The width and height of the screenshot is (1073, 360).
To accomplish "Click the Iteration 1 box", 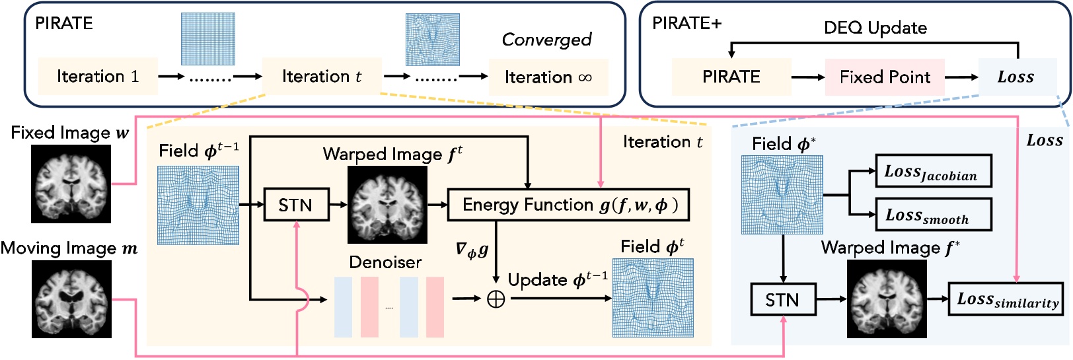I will [98, 77].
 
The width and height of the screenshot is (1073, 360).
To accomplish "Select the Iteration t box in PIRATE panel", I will [322, 77].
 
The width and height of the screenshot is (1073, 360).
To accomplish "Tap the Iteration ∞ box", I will [548, 77].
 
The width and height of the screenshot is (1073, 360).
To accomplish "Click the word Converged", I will [546, 40].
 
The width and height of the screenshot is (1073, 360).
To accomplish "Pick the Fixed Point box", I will [885, 77].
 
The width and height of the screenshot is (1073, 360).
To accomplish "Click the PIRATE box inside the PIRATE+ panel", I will [731, 77].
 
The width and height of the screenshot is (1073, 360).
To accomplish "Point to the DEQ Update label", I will [875, 28].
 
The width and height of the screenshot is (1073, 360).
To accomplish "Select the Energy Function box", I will [569, 205].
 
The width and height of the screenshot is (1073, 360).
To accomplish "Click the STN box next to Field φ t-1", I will [295, 205].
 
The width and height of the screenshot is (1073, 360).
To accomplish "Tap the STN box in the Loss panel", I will [782, 300].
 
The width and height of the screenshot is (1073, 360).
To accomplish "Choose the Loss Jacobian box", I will [934, 172].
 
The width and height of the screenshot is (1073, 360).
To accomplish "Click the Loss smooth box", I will [934, 215].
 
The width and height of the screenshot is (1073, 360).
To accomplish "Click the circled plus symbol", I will [496, 299].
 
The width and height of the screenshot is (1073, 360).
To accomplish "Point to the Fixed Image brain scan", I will [71, 184].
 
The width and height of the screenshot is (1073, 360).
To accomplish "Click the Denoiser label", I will [385, 262].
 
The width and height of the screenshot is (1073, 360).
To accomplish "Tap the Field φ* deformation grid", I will [782, 195].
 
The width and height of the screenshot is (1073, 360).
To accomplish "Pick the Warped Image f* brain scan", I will [887, 299].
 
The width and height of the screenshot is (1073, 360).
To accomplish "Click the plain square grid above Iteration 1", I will [208, 39].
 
